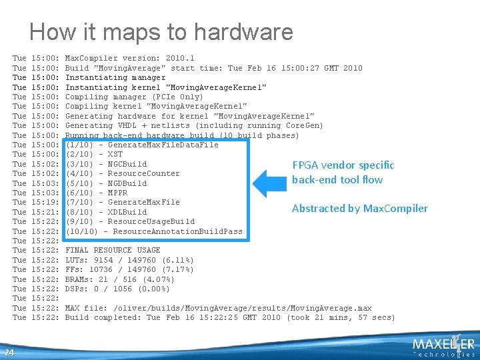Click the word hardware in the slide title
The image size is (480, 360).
pos(243,31)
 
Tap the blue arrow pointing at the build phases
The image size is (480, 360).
pos(270,184)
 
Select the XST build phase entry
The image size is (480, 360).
pos(115,154)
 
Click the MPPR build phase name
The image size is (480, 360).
pos(117,193)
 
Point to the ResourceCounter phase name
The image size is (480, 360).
pos(143,173)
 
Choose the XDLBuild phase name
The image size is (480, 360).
pos(127,212)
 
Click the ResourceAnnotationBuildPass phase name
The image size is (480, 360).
pos(177,231)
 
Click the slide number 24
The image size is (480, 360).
pos(9,353)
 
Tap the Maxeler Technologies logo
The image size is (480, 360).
pos(443,346)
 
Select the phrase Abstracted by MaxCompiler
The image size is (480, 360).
pos(360,209)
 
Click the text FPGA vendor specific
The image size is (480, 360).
pos(343,165)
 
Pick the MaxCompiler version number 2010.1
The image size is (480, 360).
pos(180,58)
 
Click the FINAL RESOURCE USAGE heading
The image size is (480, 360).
pos(113,250)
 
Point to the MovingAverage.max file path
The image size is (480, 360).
pos(243,308)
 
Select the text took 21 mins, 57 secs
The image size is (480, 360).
pos(341,317)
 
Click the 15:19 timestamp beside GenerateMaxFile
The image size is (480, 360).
pos(45,202)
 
